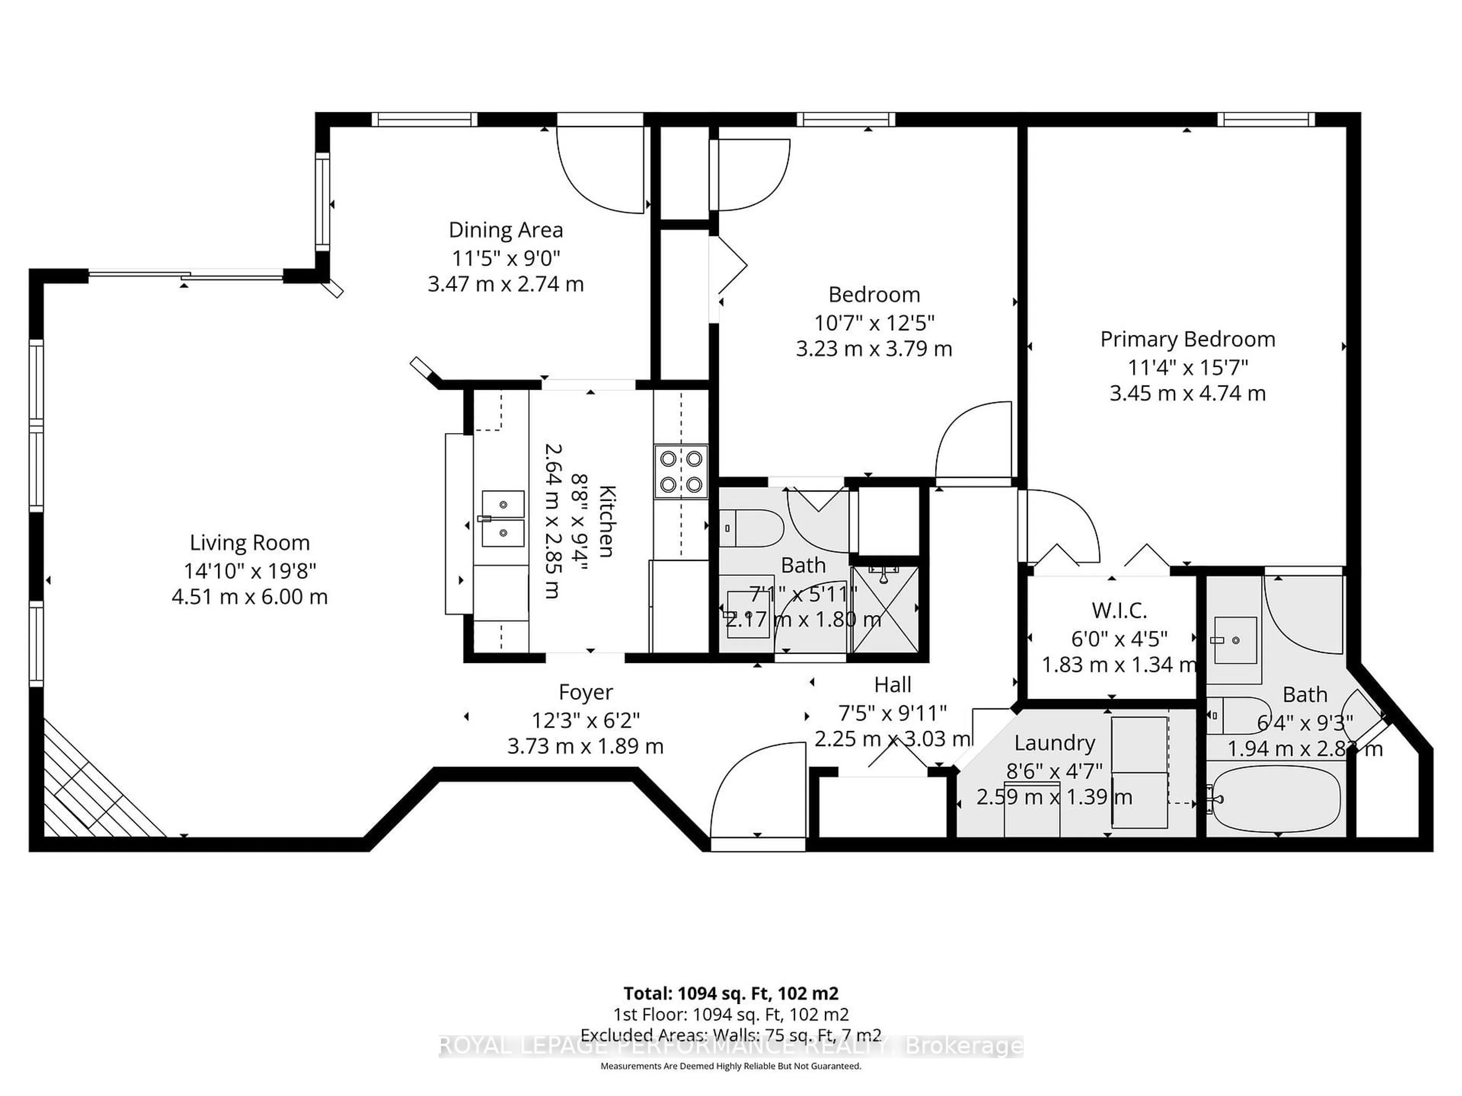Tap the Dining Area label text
pyautogui.click(x=506, y=230)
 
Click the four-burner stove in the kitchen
pyautogui.click(x=681, y=472)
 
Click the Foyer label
pyautogui.click(x=586, y=692)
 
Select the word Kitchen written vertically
pyautogui.click(x=607, y=522)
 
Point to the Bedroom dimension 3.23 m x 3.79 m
pyautogui.click(x=874, y=349)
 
